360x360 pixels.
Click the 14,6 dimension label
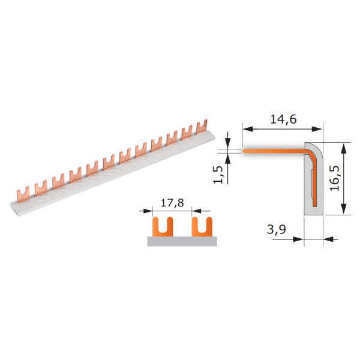(283, 119)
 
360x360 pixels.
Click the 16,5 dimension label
(335, 178)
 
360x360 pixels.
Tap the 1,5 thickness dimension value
(218, 175)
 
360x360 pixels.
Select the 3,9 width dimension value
(277, 229)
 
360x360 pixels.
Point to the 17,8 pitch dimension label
(172, 203)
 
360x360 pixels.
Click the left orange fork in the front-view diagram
(163, 227)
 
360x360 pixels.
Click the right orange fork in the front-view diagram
(202, 227)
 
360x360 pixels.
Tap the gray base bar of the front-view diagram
(182, 241)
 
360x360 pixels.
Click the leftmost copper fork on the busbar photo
(23, 194)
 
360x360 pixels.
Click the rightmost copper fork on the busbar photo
(202, 127)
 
